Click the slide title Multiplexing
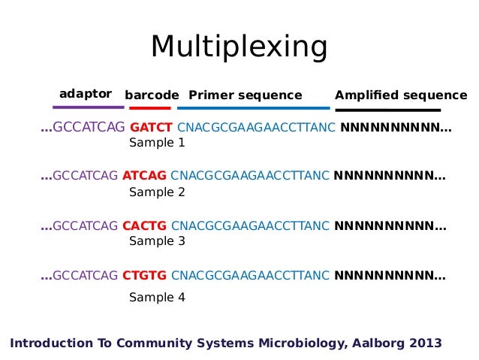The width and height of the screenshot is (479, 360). (x=239, y=47)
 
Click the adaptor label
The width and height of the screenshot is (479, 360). (x=86, y=94)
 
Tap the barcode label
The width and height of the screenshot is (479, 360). (x=152, y=95)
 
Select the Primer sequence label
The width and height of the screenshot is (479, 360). (x=245, y=95)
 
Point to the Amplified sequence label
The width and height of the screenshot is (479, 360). (x=401, y=95)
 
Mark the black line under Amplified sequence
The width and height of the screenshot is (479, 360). (x=387, y=110)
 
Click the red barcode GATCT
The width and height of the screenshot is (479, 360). (x=152, y=128)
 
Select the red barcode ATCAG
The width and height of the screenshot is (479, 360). (x=144, y=177)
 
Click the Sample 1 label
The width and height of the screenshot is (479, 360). (x=157, y=142)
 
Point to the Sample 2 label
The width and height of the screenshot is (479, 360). (x=157, y=192)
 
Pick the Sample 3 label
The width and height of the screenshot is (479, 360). (x=157, y=241)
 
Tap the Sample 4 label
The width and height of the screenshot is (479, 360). (x=157, y=297)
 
